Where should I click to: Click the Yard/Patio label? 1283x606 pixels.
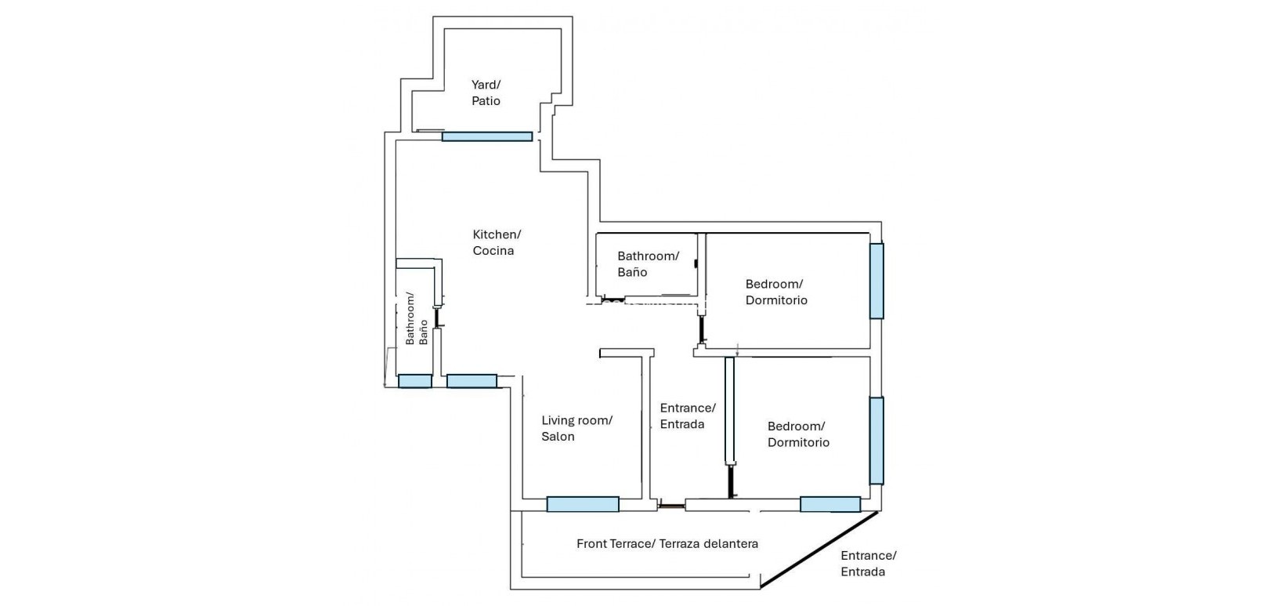coord(486,93)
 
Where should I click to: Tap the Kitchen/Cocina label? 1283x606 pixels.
coord(497,242)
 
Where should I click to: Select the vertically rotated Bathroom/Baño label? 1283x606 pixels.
coord(417,319)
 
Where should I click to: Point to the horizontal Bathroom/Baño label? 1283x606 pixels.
coord(648,264)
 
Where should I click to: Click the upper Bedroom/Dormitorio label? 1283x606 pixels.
coord(776,292)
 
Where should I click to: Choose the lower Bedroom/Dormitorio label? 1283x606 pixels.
coord(798,434)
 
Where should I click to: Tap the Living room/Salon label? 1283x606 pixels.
coord(576,428)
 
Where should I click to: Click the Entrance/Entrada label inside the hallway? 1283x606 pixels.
coord(688,416)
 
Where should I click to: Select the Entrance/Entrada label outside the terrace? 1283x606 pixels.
coord(869,564)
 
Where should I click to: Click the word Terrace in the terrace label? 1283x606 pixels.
coord(630,543)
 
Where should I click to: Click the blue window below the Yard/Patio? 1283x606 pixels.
coord(487,136)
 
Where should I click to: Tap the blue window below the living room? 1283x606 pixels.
coord(583,504)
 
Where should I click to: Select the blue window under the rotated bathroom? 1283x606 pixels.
coord(414,381)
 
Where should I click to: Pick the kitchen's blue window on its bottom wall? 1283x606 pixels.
coord(472,381)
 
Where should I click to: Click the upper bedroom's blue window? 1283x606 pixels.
coord(876,281)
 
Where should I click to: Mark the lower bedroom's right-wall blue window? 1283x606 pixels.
coord(876,441)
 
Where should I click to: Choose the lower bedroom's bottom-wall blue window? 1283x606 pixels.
coord(830,504)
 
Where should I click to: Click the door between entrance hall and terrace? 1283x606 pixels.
coord(671,506)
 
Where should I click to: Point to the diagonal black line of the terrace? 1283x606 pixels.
coord(819,551)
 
